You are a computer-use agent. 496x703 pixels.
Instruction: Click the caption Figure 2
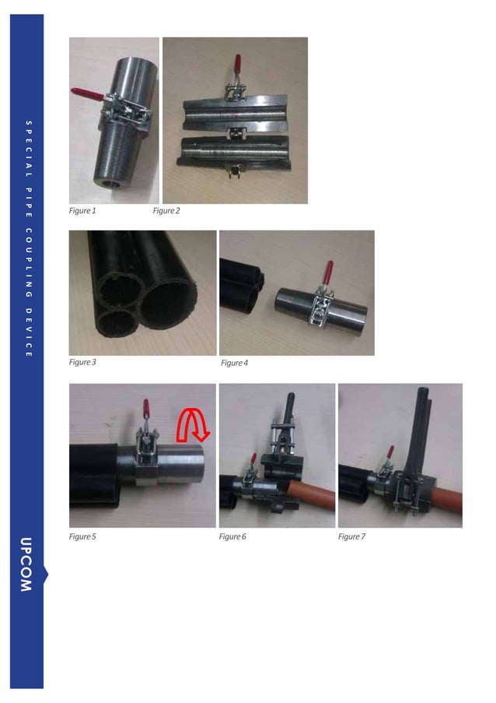pos(166,211)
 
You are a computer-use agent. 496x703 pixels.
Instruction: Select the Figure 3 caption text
pos(82,362)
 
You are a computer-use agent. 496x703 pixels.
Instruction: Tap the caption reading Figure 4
pos(234,363)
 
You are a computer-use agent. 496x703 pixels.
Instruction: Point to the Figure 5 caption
pos(82,536)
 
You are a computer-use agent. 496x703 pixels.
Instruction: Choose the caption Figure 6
pos(232,536)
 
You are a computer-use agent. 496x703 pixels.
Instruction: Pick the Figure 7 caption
pos(351,536)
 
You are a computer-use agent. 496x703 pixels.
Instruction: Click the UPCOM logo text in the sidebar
pos(26,564)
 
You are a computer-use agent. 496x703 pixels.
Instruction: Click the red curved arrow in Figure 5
pos(190,425)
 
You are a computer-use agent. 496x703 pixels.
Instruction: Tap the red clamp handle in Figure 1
pos(86,94)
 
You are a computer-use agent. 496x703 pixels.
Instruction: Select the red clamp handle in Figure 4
pos(328,273)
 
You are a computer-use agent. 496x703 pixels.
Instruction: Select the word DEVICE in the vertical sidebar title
pos(26,332)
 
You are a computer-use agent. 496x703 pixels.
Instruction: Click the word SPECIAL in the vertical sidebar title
pos(26,149)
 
